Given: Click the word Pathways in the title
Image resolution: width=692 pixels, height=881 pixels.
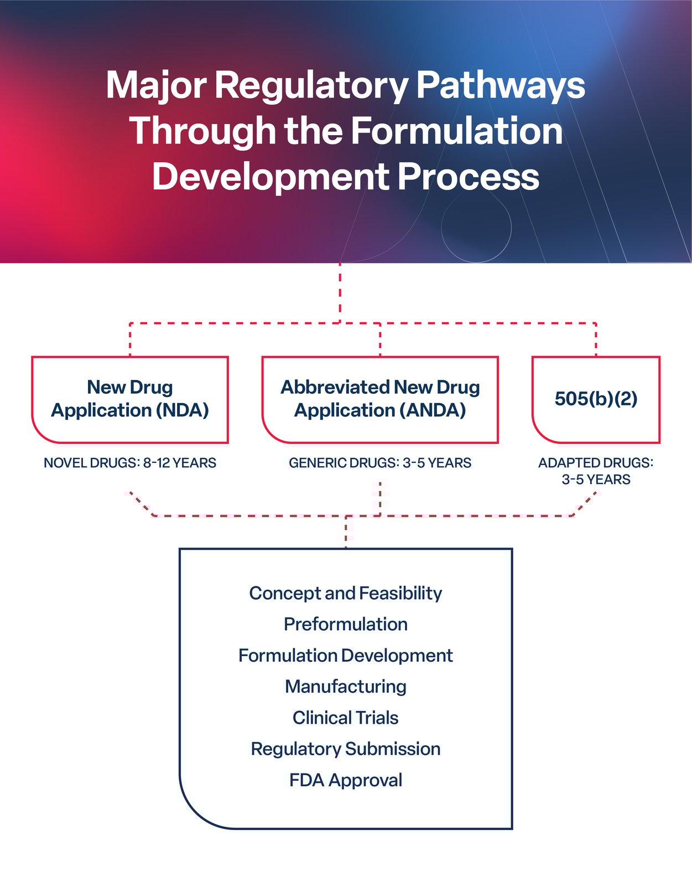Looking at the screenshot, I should point(500,86).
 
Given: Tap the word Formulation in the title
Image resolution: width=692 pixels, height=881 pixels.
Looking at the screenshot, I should point(456,131).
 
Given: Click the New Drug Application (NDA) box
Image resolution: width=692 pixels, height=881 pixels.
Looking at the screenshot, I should point(130,399).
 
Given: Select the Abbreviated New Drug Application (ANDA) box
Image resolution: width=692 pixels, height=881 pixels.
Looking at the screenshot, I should point(380,399).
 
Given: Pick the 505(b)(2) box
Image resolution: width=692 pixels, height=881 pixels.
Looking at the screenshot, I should point(596,399).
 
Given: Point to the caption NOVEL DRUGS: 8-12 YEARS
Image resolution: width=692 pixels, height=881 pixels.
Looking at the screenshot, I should point(130,463).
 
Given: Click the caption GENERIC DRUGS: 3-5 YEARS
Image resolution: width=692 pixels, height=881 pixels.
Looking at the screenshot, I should point(380,463).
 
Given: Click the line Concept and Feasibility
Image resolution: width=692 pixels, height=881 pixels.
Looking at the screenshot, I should point(346,593).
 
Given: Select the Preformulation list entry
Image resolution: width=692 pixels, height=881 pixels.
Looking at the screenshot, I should point(346,624).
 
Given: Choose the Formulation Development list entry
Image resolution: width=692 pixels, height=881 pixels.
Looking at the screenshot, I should point(346,656).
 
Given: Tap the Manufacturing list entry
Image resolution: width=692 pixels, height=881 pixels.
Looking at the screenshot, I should point(346,687).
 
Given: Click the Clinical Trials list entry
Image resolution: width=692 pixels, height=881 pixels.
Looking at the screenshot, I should point(346,718).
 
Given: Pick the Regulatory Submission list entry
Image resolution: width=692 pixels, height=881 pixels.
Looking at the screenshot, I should point(346,749).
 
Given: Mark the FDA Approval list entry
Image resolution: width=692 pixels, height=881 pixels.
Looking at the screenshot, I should point(346,780).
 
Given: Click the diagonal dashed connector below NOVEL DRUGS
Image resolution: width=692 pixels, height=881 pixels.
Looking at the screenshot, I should point(141,503).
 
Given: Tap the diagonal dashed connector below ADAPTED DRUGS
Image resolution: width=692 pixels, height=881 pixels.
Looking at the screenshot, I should point(584,503).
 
